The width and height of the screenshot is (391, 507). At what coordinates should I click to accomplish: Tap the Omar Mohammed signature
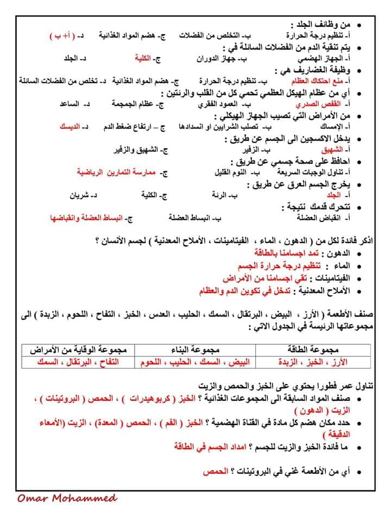66,497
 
